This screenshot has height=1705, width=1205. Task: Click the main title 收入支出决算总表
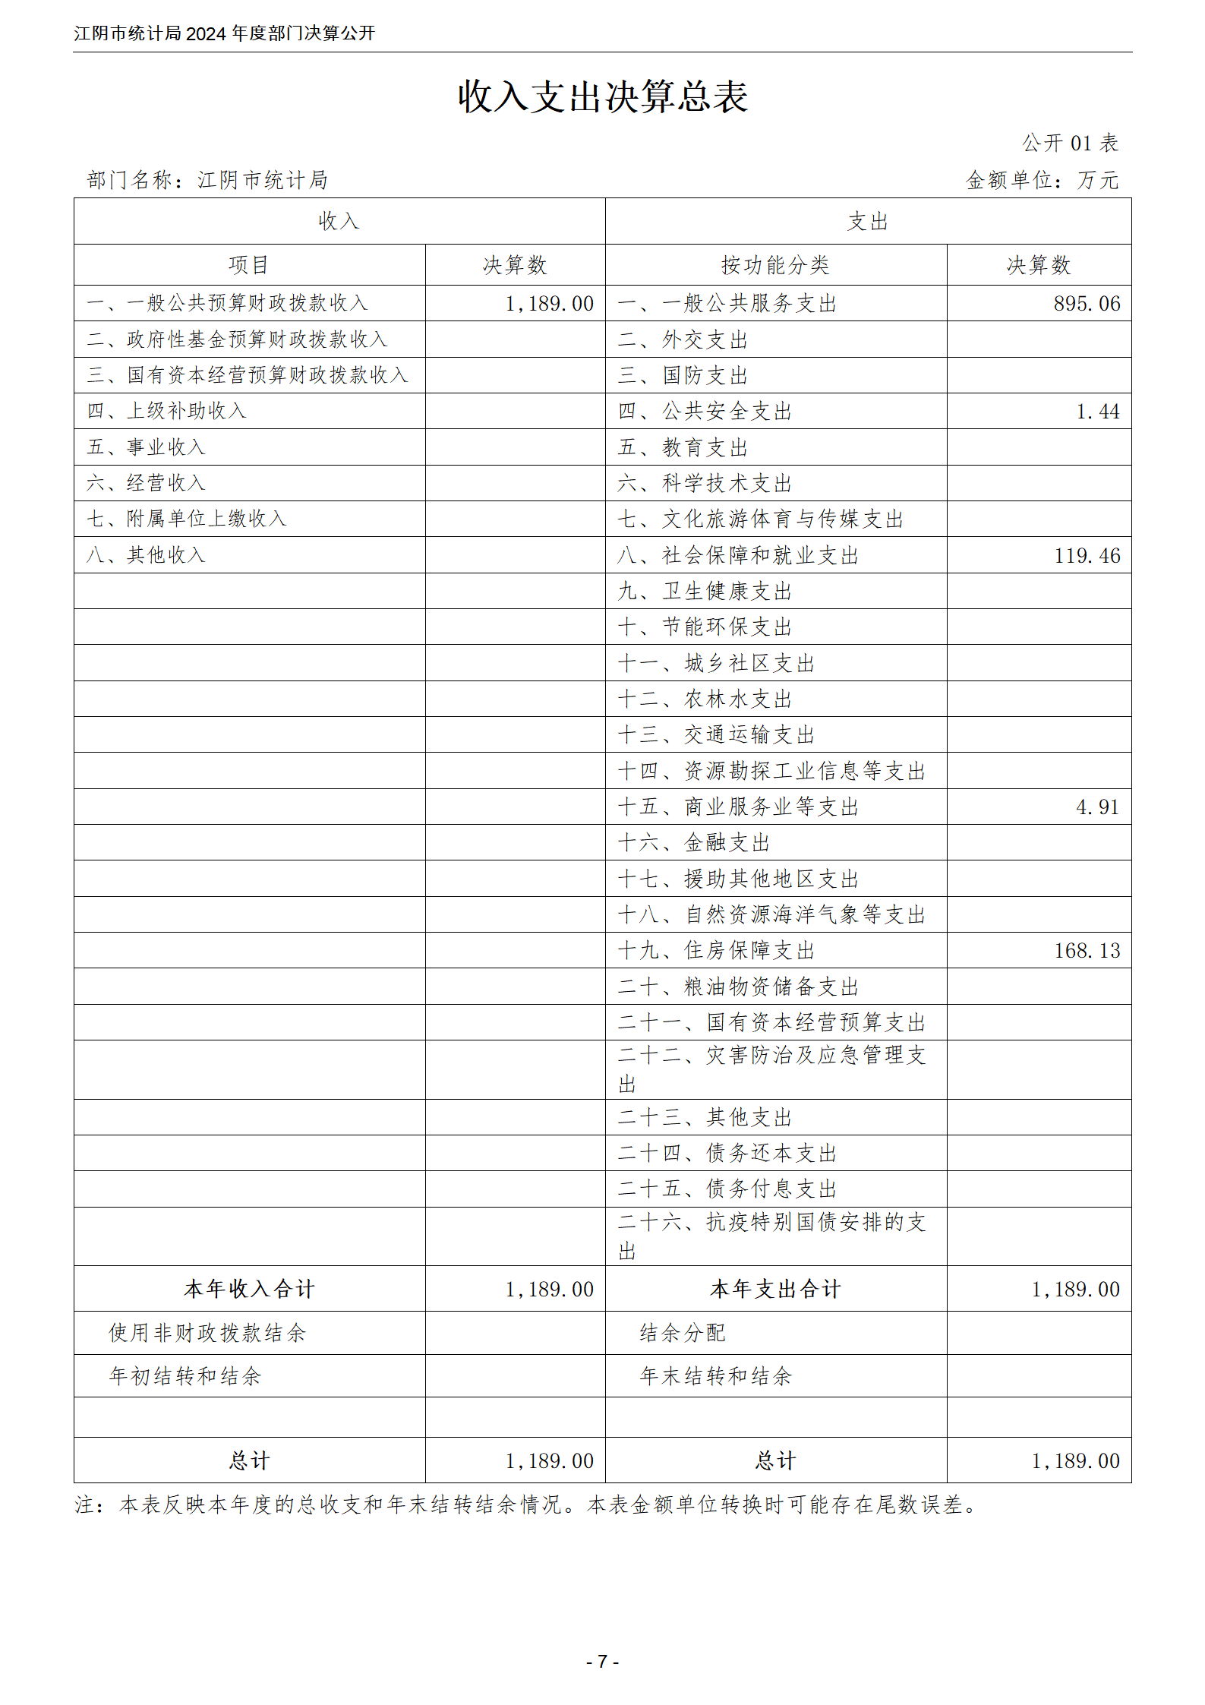(602, 97)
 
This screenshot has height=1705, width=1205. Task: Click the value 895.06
(1086, 304)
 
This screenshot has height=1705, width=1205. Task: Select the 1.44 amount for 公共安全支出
(1097, 412)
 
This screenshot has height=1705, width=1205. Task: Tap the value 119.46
(1087, 556)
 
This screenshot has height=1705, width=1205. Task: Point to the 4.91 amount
(1097, 807)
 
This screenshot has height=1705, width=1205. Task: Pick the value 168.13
(1087, 951)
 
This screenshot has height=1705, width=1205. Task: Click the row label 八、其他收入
(146, 555)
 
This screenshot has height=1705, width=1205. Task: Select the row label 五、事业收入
(146, 447)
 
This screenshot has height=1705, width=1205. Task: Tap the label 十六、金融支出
(694, 843)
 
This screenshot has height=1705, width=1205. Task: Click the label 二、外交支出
(683, 340)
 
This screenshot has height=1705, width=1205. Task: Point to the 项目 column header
(249, 265)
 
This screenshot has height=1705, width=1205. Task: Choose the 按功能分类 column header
(775, 265)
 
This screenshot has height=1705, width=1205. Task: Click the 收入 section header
(339, 222)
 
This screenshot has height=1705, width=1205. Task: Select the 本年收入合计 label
(249, 1289)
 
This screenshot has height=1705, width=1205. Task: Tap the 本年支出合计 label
(775, 1289)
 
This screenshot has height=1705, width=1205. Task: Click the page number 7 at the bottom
(602, 1662)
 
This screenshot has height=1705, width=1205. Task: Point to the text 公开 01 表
(1069, 143)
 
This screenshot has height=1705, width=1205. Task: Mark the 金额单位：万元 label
(1042, 180)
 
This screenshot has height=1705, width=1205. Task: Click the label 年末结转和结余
(715, 1376)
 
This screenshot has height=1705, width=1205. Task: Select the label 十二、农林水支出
(705, 699)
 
